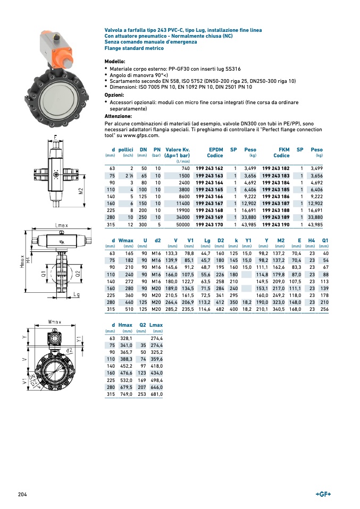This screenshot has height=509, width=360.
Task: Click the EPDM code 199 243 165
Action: point(209,189)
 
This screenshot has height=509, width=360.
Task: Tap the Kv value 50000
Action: point(181,225)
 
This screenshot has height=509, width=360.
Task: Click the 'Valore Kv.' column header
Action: point(178,150)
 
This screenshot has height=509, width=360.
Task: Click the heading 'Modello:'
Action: point(115,62)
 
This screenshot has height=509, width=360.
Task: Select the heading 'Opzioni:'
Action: point(114,95)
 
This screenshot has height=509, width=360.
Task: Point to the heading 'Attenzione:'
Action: point(118,116)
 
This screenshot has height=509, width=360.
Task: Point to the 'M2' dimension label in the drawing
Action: point(80,191)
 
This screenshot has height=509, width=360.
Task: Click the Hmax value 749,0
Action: point(125,395)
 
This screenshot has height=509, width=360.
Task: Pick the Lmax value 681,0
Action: point(156,395)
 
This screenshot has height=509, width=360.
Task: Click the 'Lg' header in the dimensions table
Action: point(207,241)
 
